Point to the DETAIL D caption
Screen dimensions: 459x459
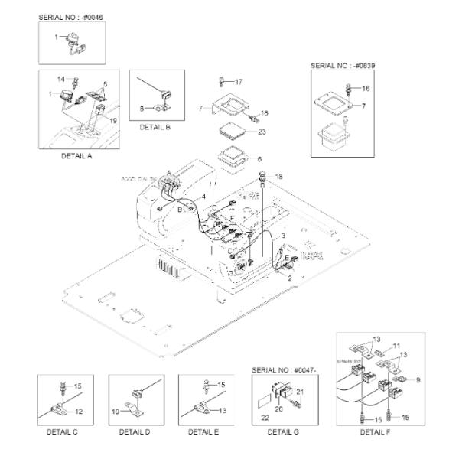135,431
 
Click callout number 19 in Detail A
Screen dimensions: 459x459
113,121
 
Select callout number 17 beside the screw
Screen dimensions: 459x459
238,82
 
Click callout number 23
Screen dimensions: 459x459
262,132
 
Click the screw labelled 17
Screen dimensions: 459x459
221,80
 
